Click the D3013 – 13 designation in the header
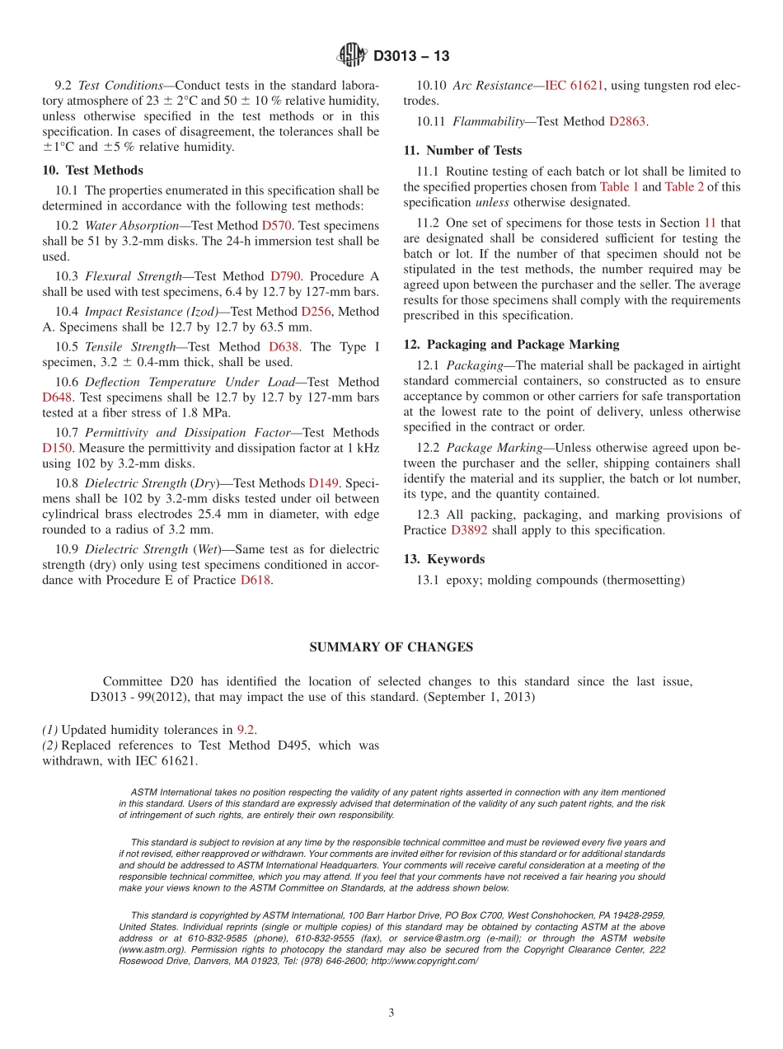[411, 57]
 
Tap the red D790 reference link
[285, 276]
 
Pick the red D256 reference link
[316, 312]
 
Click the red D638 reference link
[284, 347]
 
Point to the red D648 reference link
[58, 397]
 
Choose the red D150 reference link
[58, 448]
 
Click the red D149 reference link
[323, 483]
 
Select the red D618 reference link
[256, 580]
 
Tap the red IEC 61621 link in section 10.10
[574, 85]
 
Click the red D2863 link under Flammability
[627, 121]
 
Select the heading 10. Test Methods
[92, 170]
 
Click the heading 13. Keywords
[443, 559]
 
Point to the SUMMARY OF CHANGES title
[391, 647]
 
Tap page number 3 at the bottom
[391, 1014]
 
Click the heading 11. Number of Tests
[462, 150]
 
